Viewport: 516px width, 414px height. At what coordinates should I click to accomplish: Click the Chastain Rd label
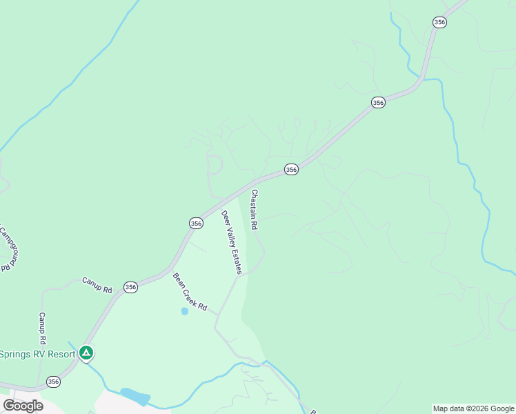[x=255, y=210]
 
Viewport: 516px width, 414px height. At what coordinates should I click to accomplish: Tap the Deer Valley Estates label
[x=231, y=242]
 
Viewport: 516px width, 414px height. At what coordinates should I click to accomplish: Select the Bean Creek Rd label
[x=190, y=292]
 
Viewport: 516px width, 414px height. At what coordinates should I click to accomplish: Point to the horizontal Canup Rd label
[x=97, y=285]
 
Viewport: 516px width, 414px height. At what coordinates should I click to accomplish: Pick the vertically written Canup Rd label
[x=42, y=328]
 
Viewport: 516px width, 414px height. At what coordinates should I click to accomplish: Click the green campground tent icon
[x=86, y=353]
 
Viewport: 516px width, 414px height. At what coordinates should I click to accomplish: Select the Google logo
[x=23, y=406]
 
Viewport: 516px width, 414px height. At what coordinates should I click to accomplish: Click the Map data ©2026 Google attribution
[x=473, y=408]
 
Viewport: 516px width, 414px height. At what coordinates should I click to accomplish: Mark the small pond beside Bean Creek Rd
[x=184, y=311]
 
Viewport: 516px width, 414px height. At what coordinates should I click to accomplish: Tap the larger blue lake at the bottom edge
[x=136, y=396]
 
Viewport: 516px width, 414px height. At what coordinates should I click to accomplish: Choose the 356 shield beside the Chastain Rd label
[x=291, y=169]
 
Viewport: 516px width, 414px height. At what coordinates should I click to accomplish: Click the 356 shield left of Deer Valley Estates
[x=196, y=223]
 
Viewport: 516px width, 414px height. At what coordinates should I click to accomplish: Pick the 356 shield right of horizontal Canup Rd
[x=130, y=286]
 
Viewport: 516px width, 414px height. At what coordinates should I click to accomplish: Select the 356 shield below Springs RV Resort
[x=53, y=382]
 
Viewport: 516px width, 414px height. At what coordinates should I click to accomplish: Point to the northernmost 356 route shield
[x=440, y=22]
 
